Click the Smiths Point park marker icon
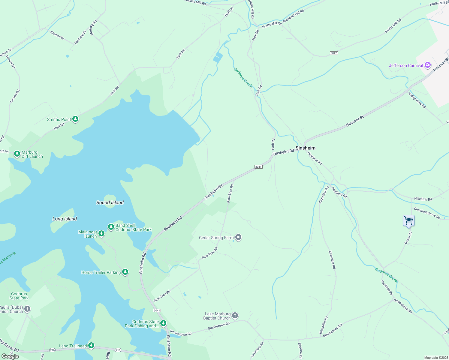click(x=75, y=119)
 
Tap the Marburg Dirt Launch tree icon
click(x=17, y=154)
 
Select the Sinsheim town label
click(x=305, y=148)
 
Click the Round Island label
click(x=110, y=202)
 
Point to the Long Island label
click(x=65, y=219)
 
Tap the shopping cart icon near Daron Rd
click(x=408, y=220)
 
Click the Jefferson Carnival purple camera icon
click(x=428, y=65)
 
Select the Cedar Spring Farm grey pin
click(x=238, y=238)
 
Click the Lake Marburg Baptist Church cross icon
click(x=235, y=315)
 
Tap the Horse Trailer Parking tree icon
click(x=125, y=272)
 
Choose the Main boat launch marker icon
click(x=101, y=233)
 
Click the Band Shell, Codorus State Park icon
click(x=111, y=226)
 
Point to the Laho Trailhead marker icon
click(x=91, y=346)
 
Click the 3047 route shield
click(x=334, y=53)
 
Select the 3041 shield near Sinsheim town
click(x=258, y=167)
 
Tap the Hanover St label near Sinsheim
click(x=354, y=121)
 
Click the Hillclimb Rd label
click(x=423, y=199)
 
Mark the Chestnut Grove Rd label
click(x=427, y=213)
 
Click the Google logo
click(x=10, y=356)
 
